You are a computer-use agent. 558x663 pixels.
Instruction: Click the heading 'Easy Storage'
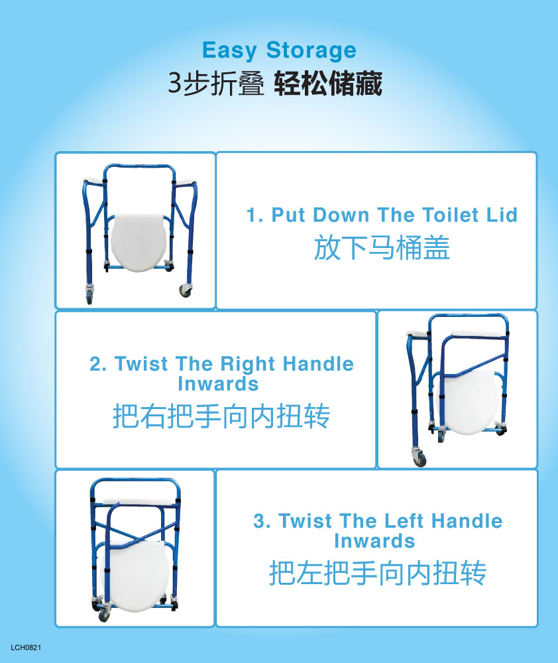pos(279,50)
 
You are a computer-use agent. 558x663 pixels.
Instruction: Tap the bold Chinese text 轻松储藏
pos(328,84)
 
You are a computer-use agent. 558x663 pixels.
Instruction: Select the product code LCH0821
pos(26,647)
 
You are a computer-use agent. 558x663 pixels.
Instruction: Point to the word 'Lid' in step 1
pos(502,215)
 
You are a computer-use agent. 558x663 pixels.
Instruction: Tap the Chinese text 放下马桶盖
pos(381,248)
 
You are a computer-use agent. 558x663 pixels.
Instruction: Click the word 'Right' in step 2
pos(249,365)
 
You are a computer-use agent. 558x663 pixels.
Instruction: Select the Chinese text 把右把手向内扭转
pos(221,416)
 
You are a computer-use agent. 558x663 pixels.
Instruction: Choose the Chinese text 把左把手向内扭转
pos(378,573)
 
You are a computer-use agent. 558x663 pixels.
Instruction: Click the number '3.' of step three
pos(262,521)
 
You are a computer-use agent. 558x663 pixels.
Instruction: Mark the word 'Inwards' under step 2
pos(218,384)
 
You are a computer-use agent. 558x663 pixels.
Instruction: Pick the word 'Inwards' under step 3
pos(374,541)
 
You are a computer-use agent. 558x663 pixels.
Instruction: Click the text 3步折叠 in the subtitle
pos(216,84)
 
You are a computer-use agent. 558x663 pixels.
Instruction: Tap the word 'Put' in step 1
pos(288,215)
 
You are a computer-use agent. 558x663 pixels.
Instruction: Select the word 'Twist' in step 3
pos(306,521)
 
